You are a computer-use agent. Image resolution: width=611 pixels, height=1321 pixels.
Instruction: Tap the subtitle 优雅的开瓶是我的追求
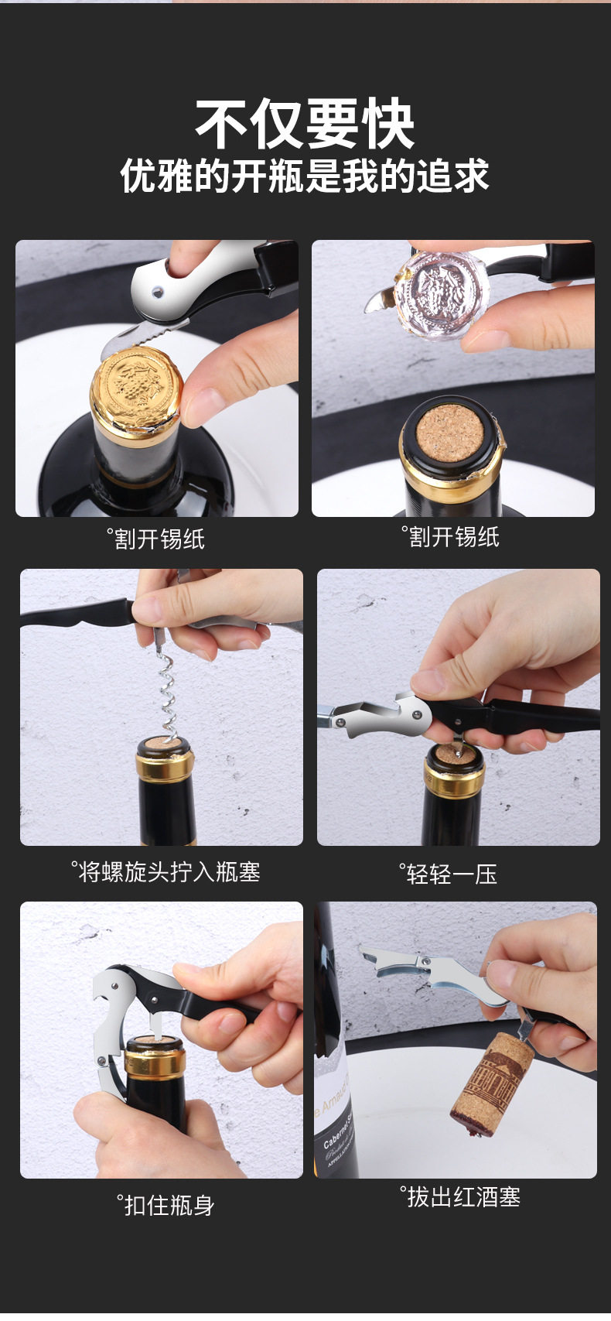pyautogui.click(x=305, y=176)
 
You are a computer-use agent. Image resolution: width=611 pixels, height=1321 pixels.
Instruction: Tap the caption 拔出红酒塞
pyautogui.click(x=460, y=1197)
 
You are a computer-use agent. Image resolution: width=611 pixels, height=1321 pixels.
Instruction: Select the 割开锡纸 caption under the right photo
pyautogui.click(x=450, y=537)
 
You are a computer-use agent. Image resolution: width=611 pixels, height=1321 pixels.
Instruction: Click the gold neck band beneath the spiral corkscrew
pyautogui.click(x=166, y=767)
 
